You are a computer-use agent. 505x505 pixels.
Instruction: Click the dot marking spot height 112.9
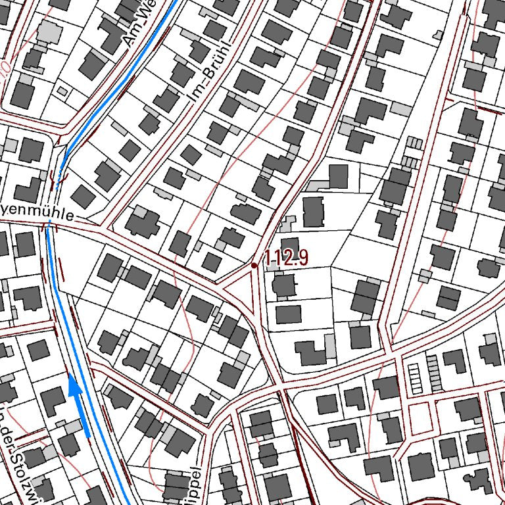tap(254, 265)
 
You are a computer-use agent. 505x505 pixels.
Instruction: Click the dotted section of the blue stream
tap(60, 172)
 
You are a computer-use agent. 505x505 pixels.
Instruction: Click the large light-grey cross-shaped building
tap(48, 32)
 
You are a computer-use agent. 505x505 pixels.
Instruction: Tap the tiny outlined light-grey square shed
tap(62, 91)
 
